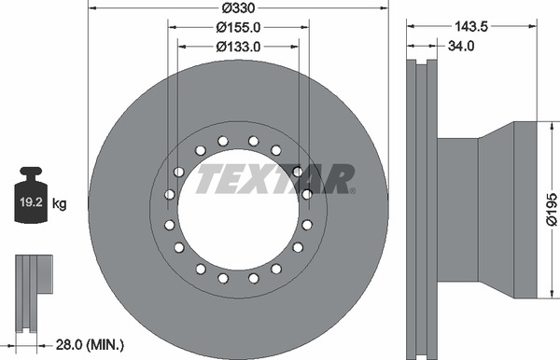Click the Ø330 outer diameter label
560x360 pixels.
click(238, 7)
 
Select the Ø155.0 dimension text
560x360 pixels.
click(238, 27)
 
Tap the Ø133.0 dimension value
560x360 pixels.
click(238, 47)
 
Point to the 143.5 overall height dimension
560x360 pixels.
click(471, 26)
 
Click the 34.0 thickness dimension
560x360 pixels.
click(461, 46)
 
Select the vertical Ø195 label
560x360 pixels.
click(552, 209)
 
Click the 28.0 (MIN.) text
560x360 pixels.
click(90, 345)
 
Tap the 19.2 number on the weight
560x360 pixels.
click(31, 202)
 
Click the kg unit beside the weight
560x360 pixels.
click(60, 204)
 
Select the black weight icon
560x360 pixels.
click(31, 195)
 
